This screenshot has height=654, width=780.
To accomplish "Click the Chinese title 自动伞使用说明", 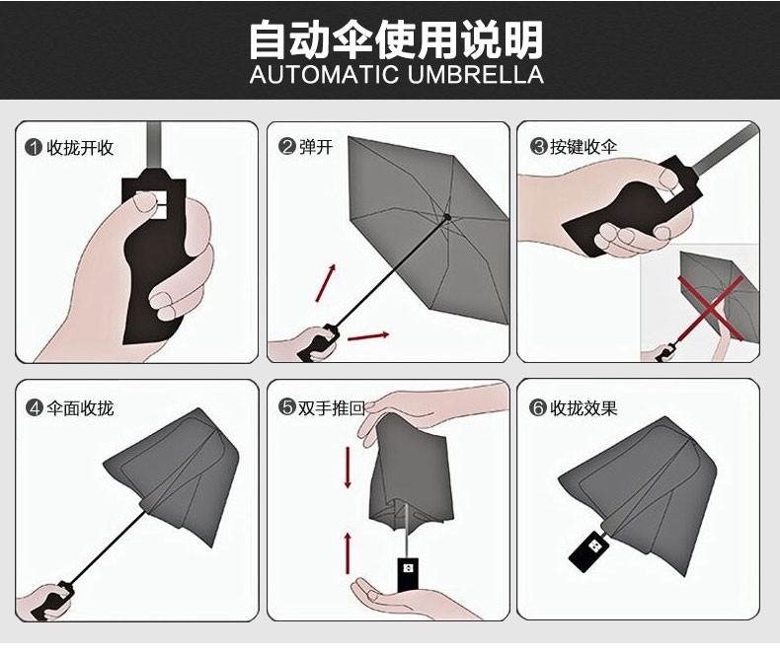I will (x=395, y=40).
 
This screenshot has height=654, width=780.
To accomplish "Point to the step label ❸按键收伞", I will (x=574, y=147).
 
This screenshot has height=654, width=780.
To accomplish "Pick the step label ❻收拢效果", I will (x=574, y=407).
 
